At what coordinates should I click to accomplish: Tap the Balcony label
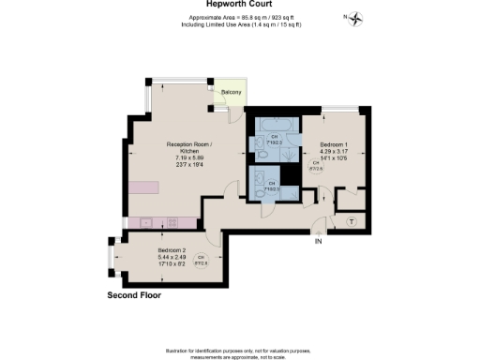[232, 92]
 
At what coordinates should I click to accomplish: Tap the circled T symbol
[351, 221]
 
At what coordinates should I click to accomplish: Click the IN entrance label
[318, 241]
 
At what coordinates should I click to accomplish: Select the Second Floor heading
[134, 295]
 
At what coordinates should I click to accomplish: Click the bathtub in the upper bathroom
[275, 125]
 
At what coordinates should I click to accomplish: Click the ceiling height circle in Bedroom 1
[316, 165]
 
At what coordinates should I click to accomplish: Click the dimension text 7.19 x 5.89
[189, 157]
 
